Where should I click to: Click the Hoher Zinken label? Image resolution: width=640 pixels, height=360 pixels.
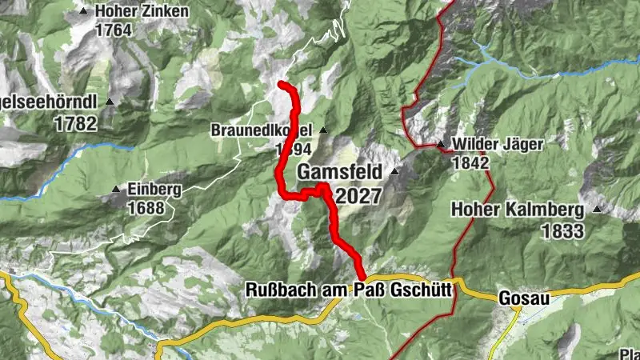tap(142, 11)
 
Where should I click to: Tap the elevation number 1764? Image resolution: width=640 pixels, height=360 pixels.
tap(113, 30)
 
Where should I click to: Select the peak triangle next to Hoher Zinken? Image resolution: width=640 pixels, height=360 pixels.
tap(83, 12)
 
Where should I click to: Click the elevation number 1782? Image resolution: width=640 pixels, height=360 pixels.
tap(76, 123)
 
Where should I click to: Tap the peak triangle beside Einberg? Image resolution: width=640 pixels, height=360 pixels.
tap(118, 190)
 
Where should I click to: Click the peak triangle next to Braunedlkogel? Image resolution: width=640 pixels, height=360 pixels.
tap(323, 130)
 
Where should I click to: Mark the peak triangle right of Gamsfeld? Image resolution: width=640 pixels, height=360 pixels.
tap(394, 171)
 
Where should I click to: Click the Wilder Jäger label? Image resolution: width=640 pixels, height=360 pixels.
tap(498, 145)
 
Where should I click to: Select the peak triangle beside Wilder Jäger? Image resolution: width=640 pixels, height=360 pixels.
tap(440, 144)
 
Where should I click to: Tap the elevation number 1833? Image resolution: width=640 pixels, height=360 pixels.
tap(562, 231)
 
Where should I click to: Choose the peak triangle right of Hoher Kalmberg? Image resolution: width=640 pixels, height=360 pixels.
tap(597, 210)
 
